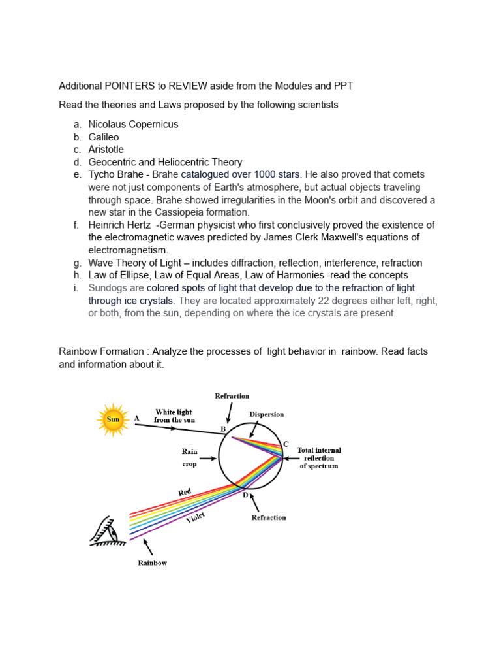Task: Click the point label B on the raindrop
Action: (x=223, y=429)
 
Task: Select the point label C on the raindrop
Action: (x=285, y=444)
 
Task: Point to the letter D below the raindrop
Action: (x=246, y=495)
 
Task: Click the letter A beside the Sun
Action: (x=136, y=417)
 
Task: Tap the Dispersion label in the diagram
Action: (x=266, y=414)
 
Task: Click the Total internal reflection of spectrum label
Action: (x=319, y=458)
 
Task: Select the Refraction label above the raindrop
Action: (x=232, y=396)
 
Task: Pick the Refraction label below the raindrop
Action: (x=269, y=517)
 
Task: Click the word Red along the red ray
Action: (x=185, y=491)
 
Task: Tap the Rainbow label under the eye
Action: (x=152, y=563)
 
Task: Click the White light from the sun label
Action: (x=174, y=416)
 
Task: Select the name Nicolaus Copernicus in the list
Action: (x=133, y=124)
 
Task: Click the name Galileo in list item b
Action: (x=104, y=137)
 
